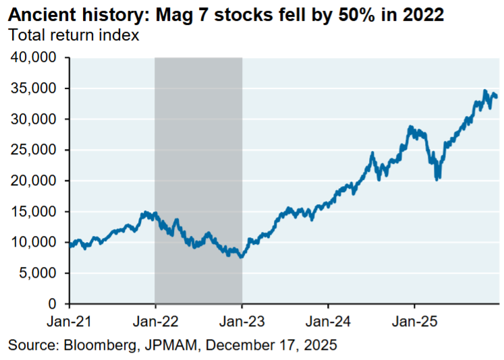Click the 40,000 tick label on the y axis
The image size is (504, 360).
[35, 58]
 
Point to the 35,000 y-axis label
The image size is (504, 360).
[35, 89]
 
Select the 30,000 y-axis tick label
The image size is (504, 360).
[35, 119]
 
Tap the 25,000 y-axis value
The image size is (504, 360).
[35, 150]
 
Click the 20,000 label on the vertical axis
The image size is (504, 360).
[35, 181]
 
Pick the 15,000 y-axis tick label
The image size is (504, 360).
[35, 212]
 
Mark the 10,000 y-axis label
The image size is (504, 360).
[35, 243]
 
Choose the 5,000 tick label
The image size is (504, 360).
[39, 274]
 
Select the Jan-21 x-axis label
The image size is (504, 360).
[69, 320]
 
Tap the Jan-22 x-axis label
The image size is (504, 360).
[155, 320]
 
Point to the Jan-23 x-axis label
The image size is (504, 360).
[242, 320]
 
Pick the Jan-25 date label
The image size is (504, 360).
[414, 320]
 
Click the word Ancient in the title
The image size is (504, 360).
[39, 15]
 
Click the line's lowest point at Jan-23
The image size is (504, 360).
[240, 257]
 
